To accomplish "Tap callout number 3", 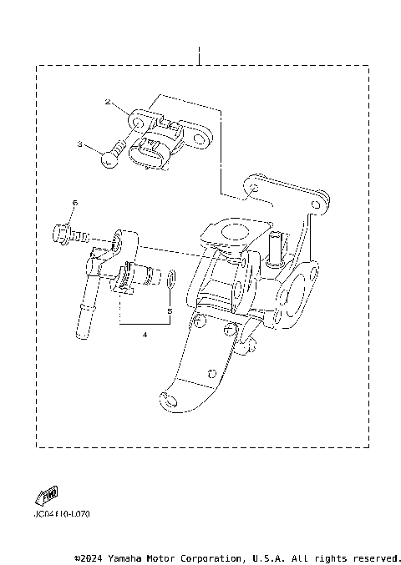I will [x=81, y=144].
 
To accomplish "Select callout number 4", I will [x=144, y=334].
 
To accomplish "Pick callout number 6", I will [x=74, y=203].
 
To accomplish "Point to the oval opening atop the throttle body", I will [x=236, y=229].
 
